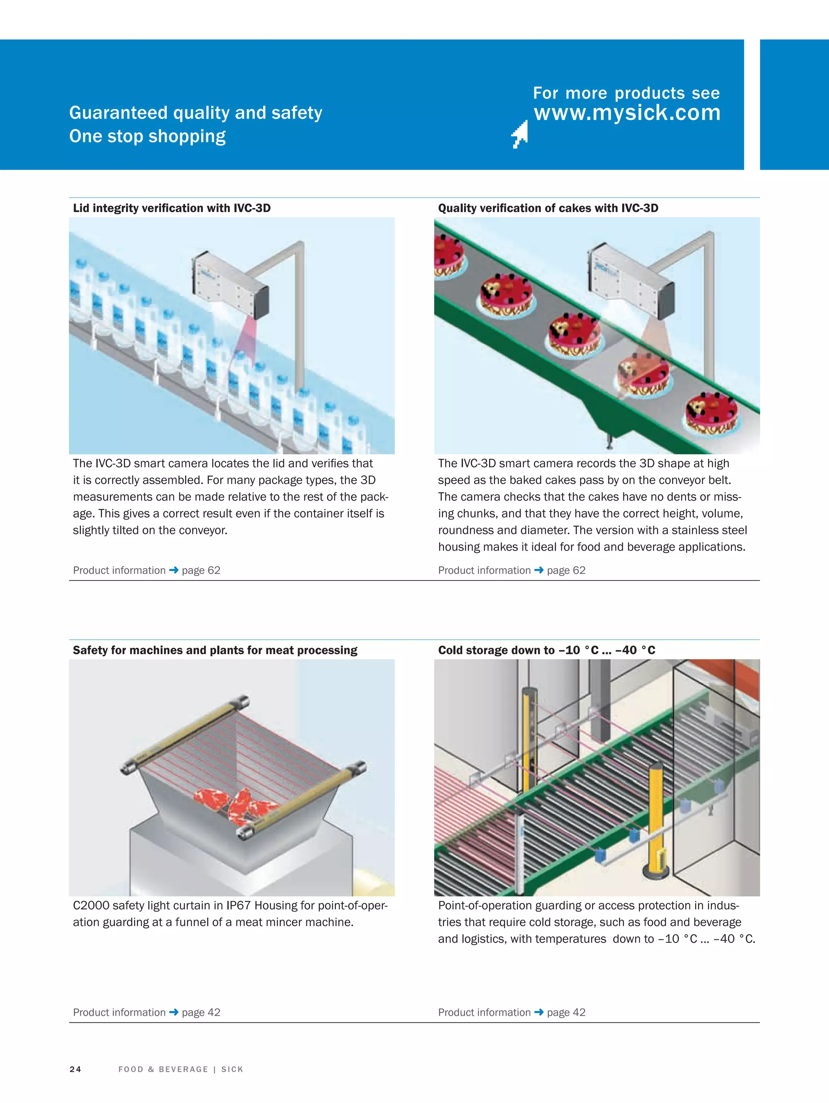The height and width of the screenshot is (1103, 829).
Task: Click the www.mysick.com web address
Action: pyautogui.click(x=627, y=113)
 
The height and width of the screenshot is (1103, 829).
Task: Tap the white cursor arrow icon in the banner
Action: pyautogui.click(x=520, y=134)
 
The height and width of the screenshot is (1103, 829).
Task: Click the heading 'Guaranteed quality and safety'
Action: pyautogui.click(x=196, y=113)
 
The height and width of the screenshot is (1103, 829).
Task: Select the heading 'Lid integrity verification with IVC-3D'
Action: pyautogui.click(x=172, y=208)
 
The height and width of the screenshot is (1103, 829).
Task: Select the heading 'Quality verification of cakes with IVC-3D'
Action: pyautogui.click(x=548, y=208)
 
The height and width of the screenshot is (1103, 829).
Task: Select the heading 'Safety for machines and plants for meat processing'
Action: pyautogui.click(x=215, y=650)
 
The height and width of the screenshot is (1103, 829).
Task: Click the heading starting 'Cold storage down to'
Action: pyautogui.click(x=546, y=650)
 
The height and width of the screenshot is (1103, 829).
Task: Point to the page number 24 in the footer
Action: pyautogui.click(x=75, y=1069)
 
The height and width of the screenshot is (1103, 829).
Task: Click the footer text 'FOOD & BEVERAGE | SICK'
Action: pyautogui.click(x=181, y=1069)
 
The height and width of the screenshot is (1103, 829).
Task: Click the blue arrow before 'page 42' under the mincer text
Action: pyautogui.click(x=174, y=1012)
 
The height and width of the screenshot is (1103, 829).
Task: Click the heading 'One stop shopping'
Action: pyautogui.click(x=147, y=136)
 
